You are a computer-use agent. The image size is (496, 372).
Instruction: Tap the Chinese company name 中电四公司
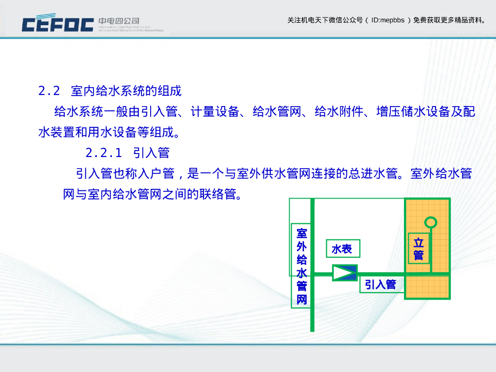pyautogui.click(x=119, y=21)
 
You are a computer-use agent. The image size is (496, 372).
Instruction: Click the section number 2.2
pyautogui.click(x=49, y=91)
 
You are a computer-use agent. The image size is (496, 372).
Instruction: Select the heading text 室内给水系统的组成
pyautogui.click(x=126, y=91)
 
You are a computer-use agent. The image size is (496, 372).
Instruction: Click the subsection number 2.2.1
pyautogui.click(x=104, y=153)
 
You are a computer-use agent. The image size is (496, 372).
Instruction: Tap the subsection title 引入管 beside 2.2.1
pyautogui.click(x=151, y=153)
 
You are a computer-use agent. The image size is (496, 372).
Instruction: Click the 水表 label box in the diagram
pyautogui.click(x=342, y=249)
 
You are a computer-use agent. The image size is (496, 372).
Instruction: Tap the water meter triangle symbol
pyautogui.click(x=344, y=273)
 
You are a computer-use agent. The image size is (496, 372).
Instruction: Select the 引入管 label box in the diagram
pyautogui.click(x=380, y=285)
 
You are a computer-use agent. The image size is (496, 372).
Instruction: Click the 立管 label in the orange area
pyautogui.click(x=418, y=248)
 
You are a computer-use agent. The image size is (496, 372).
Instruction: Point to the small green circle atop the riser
pyautogui.click(x=430, y=222)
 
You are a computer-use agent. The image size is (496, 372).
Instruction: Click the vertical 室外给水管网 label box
pyautogui.click(x=301, y=265)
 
